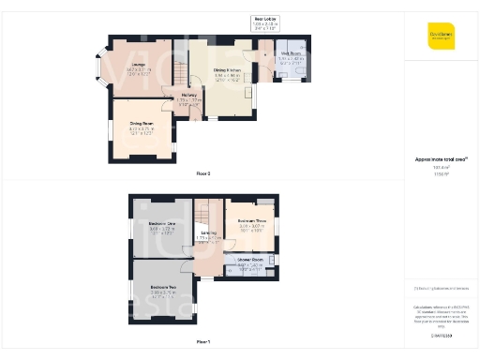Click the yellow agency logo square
(x=441, y=35)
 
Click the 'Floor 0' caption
(x=203, y=174)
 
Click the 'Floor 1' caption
(x=203, y=341)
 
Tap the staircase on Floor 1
(x=210, y=213)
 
